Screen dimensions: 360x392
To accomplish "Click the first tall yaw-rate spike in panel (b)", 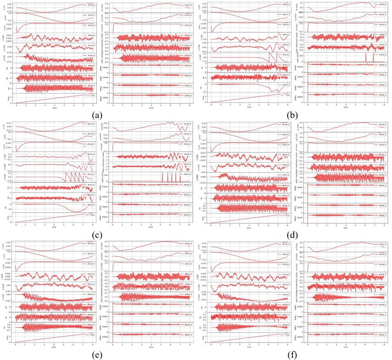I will (366, 57).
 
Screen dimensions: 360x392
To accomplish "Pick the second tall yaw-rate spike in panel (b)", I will (374, 57).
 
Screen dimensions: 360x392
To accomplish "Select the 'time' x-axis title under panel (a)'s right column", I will (151, 108).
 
